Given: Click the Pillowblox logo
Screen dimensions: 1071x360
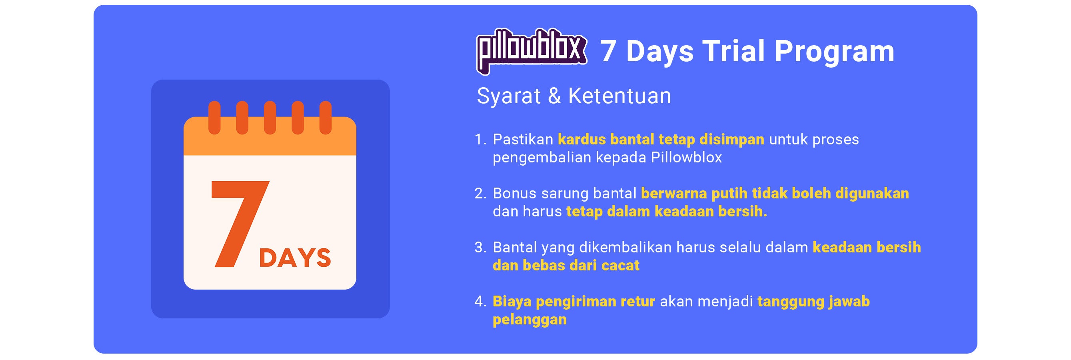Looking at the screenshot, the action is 532,52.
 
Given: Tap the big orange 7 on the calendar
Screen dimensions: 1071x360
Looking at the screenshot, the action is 240,224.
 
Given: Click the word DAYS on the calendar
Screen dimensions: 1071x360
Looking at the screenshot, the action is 295,258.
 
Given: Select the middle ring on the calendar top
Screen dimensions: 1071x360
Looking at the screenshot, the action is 270,118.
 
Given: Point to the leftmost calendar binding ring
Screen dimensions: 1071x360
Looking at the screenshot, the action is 214,118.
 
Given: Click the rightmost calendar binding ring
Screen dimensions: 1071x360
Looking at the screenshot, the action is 326,118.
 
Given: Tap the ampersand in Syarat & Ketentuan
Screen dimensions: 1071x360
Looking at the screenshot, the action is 554,96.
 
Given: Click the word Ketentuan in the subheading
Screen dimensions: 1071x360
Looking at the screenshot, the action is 619,96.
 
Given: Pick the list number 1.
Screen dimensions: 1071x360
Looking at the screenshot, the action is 480,139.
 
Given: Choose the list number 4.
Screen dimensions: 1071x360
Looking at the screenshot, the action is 480,301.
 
